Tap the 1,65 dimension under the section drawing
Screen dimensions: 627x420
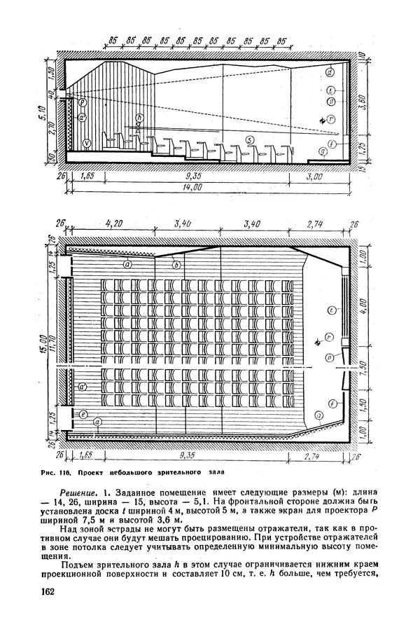click(88, 178)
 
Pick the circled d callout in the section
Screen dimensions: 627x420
click(329, 72)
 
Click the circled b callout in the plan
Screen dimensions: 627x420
click(176, 265)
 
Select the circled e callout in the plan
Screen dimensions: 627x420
click(83, 415)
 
